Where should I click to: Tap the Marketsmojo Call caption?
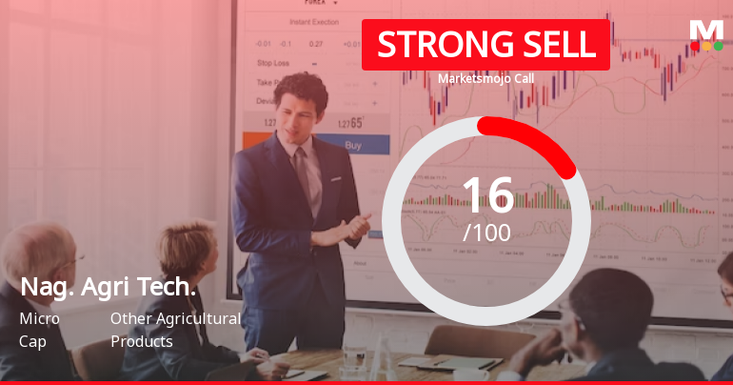485,79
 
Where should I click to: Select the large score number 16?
487,195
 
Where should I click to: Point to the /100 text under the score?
486,232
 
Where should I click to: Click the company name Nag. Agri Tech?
109,287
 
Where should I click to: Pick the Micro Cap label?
39,330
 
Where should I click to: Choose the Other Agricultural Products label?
175,330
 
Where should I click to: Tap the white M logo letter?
706,29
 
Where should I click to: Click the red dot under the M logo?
695,45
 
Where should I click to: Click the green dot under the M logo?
718,45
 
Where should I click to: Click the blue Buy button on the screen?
353,146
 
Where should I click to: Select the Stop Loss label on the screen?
273,63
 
